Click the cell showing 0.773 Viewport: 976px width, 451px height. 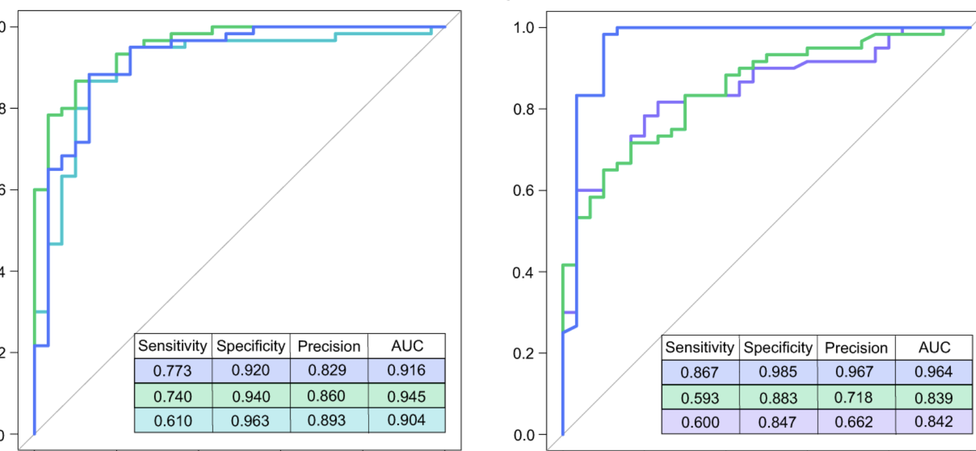[x=172, y=371]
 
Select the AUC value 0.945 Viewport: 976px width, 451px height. [x=406, y=396]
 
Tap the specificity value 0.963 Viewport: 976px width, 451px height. [x=251, y=420]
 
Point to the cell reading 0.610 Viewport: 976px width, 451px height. [x=172, y=420]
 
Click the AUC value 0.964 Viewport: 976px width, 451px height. [x=934, y=372]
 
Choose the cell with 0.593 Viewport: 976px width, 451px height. [x=700, y=398]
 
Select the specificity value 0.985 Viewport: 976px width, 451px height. [x=778, y=372]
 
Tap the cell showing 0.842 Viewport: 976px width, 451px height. [x=934, y=422]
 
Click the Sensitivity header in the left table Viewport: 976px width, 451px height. [x=172, y=346]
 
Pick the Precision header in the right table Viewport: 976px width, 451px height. [x=856, y=348]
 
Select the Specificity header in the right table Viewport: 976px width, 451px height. [x=778, y=348]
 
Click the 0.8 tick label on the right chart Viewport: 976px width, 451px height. [x=524, y=109]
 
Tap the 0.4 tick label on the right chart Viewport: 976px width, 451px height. [x=524, y=272]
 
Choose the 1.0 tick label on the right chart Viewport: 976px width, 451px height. [x=524, y=28]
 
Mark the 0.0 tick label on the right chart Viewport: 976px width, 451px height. [x=524, y=435]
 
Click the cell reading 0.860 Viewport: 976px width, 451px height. [x=326, y=396]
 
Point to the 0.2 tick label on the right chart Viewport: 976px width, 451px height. [x=524, y=354]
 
